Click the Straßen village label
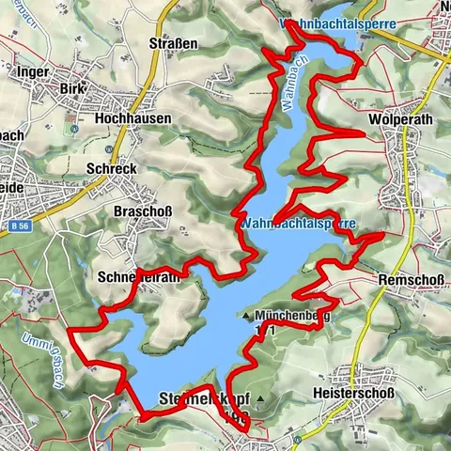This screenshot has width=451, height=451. tap(174, 43)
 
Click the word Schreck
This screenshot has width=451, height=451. tap(111, 168)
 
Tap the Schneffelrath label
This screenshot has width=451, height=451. tap(138, 278)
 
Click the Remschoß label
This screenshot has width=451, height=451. tap(407, 279)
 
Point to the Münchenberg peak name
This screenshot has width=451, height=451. tap(295, 317)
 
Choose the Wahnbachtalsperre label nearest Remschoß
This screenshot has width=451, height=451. tap(297, 225)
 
